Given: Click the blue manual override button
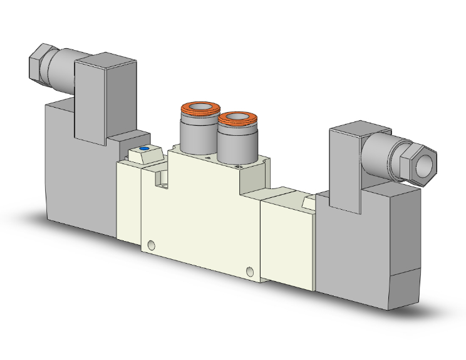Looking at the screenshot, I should [x=145, y=149].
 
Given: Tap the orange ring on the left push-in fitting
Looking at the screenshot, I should [x=199, y=110].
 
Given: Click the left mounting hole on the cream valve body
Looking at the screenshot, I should [x=150, y=244].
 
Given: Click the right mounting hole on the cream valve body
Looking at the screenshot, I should [x=251, y=272].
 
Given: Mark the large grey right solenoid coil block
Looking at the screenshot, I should [x=366, y=244].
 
